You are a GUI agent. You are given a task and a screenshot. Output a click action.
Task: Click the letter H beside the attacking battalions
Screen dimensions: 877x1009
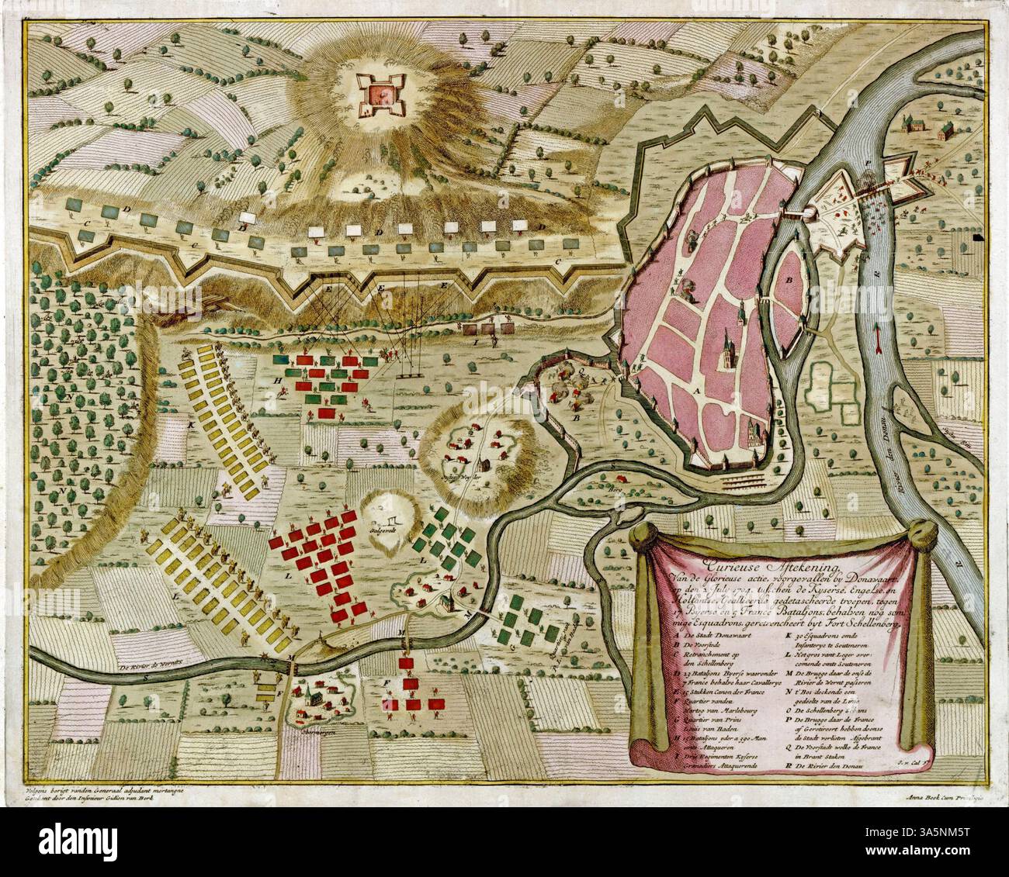click(x=276, y=378)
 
